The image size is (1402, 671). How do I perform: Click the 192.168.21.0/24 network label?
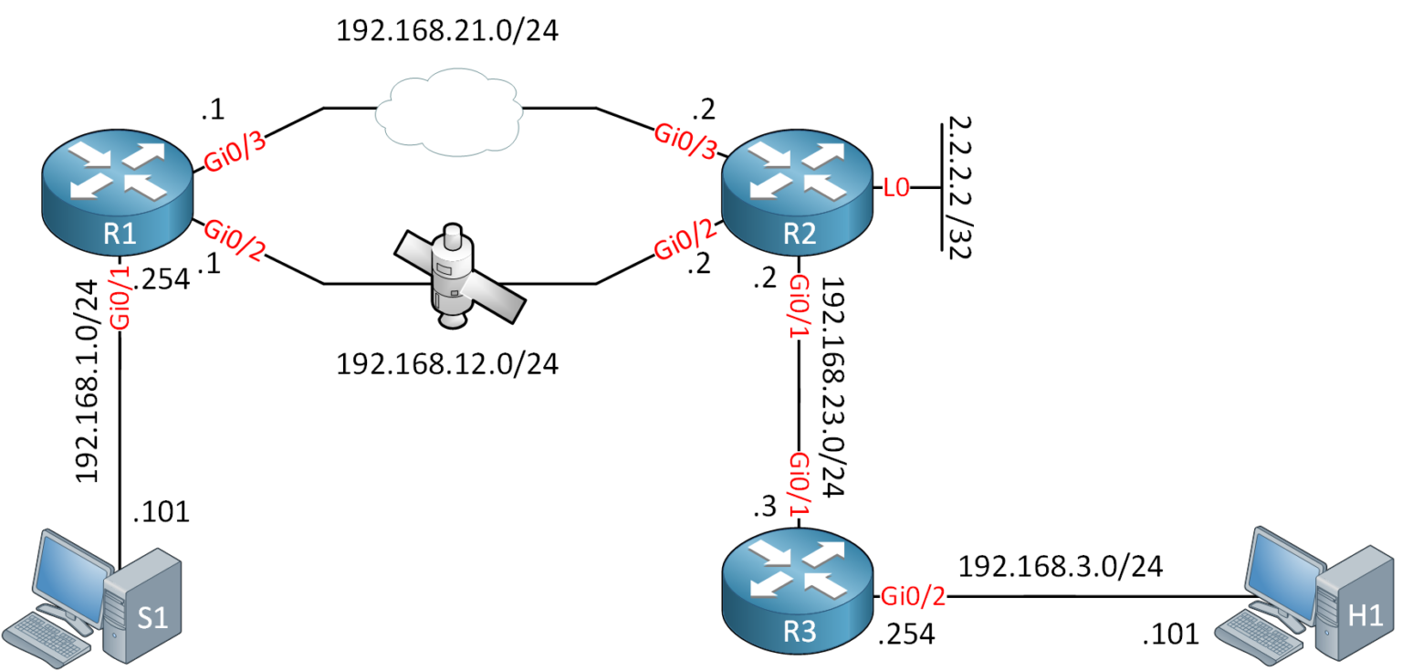coord(446,31)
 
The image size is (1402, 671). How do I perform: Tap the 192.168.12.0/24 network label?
coord(446,364)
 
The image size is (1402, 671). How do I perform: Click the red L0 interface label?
coord(896,189)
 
